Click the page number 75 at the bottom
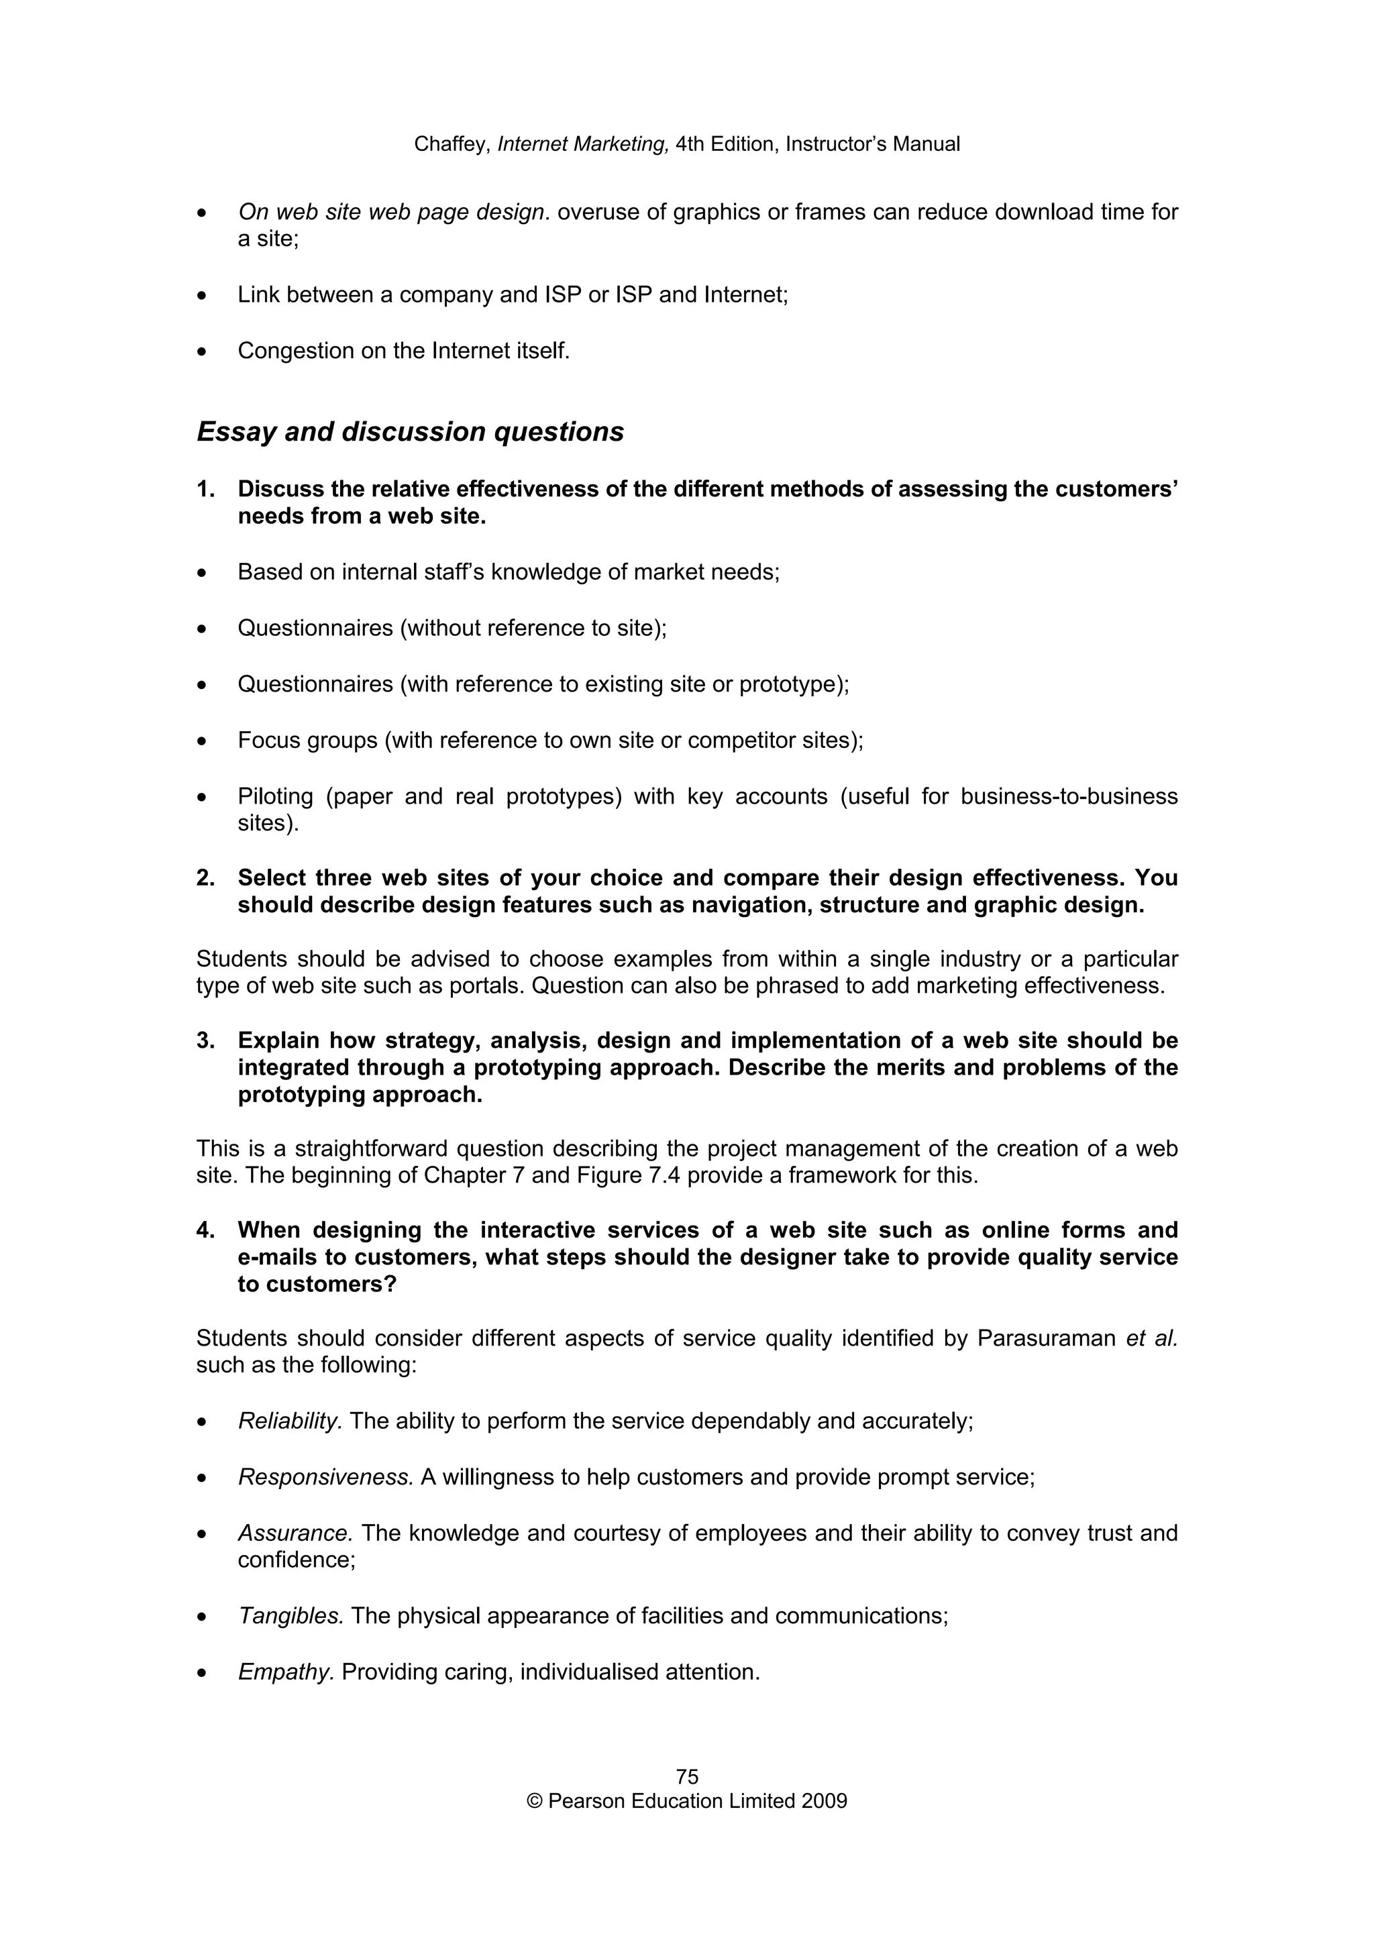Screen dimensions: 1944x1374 [686, 1776]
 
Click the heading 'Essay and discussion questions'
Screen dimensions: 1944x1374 [410, 432]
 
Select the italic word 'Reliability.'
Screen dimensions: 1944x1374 [290, 1421]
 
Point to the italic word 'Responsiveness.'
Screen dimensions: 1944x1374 [325, 1476]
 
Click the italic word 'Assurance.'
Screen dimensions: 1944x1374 [295, 1533]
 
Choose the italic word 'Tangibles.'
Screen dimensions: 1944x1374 [290, 1615]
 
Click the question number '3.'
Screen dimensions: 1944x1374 [206, 1040]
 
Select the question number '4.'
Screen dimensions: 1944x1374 [206, 1230]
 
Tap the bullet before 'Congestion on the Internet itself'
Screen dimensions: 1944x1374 [201, 352]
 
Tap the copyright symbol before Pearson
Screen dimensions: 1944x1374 [534, 1801]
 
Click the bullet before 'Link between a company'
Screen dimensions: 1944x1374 [201, 296]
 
